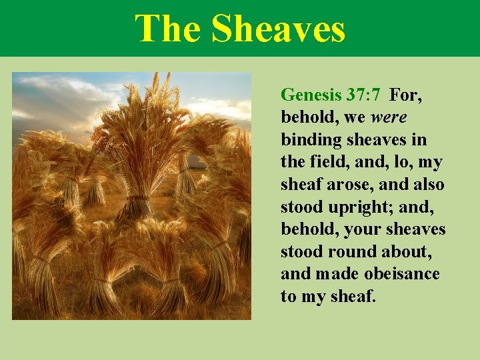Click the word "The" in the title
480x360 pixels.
(167, 29)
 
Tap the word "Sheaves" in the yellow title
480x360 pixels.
(278, 29)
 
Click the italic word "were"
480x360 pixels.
(389, 118)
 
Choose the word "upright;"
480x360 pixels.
(361, 207)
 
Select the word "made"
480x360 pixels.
(331, 275)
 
